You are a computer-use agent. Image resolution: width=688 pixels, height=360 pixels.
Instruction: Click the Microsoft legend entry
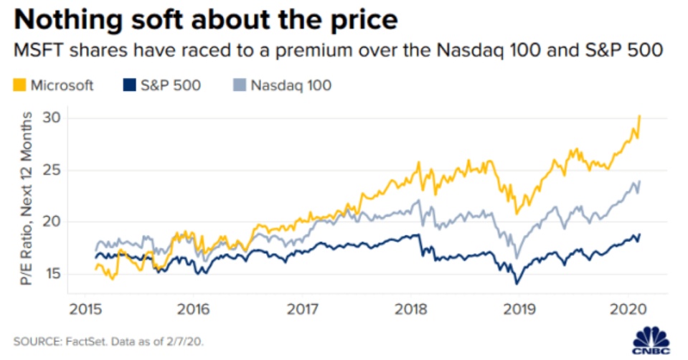62,85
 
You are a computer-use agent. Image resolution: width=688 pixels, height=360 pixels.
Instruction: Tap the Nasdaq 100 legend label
290,85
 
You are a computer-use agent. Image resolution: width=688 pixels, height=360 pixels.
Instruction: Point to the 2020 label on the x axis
624,310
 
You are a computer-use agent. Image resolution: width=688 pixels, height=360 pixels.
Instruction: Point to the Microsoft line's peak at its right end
639,115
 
